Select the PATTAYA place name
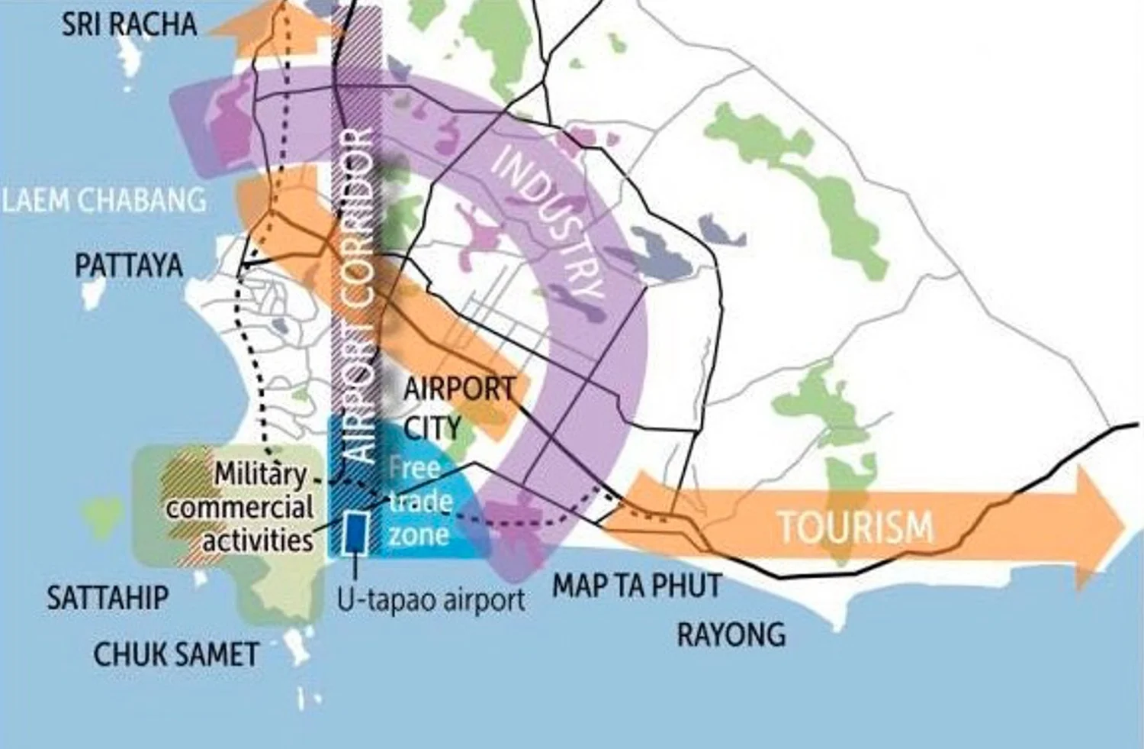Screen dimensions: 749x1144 (129, 265)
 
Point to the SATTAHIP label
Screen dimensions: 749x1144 (108, 596)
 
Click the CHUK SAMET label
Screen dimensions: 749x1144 (176, 654)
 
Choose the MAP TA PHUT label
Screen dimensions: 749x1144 (636, 586)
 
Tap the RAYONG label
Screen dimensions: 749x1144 (731, 634)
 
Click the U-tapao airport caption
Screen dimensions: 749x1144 (432, 600)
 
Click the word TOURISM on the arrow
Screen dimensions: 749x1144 (855, 526)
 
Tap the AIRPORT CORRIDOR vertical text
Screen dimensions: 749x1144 (358, 298)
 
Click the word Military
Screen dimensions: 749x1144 (259, 474)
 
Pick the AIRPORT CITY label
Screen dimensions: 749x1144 (458, 408)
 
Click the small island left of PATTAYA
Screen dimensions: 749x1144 (94, 291)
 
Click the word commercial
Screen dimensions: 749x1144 (239, 508)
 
